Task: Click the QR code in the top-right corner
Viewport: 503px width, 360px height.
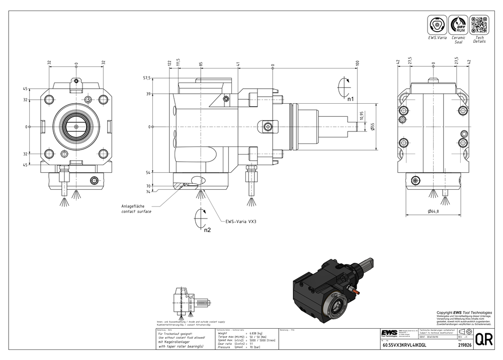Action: (479, 25)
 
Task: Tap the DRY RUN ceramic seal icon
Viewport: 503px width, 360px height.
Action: (458, 25)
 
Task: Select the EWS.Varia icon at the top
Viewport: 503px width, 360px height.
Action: (437, 25)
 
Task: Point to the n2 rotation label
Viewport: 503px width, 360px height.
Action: (207, 230)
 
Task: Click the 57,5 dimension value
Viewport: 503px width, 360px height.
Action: (147, 78)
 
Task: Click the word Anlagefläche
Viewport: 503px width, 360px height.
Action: (133, 206)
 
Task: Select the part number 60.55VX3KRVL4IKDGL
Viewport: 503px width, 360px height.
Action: (404, 346)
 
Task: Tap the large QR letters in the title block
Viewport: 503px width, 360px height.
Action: (483, 340)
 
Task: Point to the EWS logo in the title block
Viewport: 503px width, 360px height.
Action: (389, 333)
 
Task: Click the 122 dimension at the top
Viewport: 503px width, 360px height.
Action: (170, 63)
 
